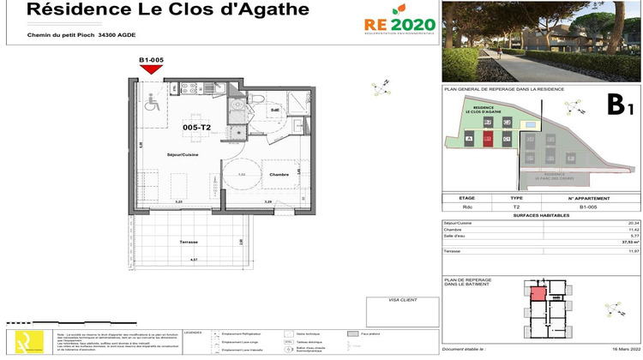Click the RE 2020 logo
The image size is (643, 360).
394,21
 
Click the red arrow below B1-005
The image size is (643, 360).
152,73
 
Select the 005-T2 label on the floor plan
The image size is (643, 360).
196,127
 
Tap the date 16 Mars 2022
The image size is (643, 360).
621,351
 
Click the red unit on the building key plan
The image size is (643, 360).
537,295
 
